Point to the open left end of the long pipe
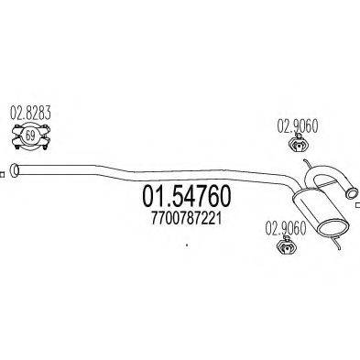[16, 170]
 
